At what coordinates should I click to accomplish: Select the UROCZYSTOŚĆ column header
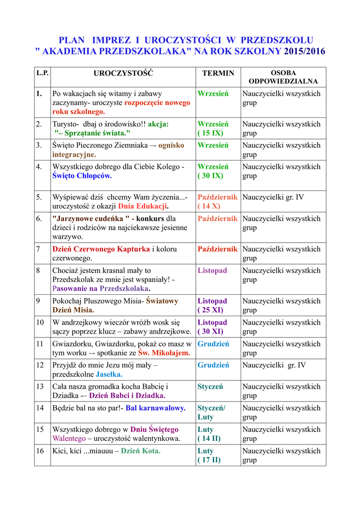tap(123, 73)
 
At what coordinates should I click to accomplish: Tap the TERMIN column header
tap(218, 73)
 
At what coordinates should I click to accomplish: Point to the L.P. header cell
tap(42, 73)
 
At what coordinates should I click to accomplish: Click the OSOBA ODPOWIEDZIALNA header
tap(283, 77)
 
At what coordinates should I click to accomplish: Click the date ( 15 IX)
tap(210, 133)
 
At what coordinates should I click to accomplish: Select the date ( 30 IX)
tap(210, 176)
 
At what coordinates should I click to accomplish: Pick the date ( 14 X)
tap(209, 206)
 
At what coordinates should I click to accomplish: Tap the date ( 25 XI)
tap(210, 310)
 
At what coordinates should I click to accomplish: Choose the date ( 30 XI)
tap(210, 332)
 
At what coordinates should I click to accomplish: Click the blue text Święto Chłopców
tap(82, 176)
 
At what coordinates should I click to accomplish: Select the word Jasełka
tap(109, 374)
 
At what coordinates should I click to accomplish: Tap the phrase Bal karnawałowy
tap(156, 408)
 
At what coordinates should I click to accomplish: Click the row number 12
tap(40, 365)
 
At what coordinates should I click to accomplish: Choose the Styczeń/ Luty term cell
tap(211, 413)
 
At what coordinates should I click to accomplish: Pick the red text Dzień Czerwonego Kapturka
tap(101, 249)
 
